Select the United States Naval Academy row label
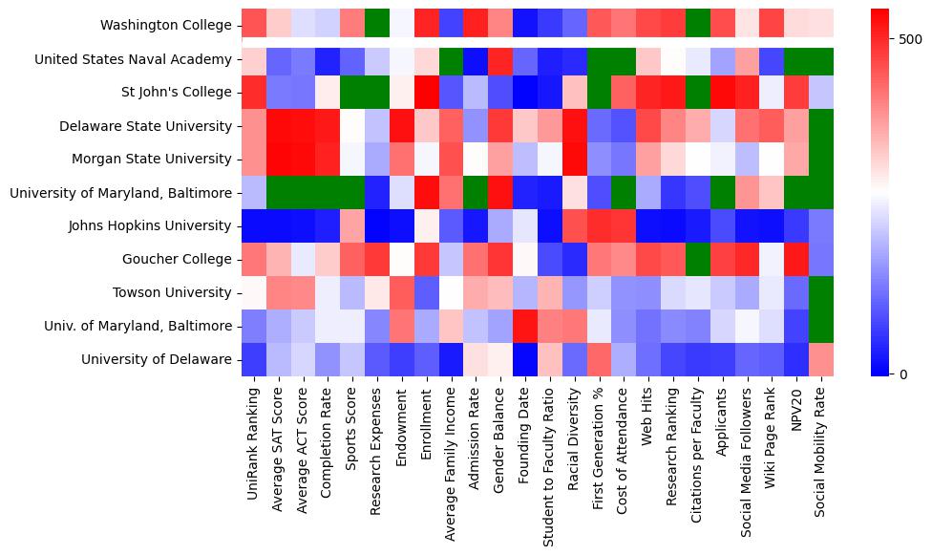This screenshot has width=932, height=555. click(x=133, y=59)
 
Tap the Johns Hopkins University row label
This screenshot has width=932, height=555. click(x=150, y=226)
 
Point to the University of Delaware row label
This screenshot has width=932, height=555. click(x=156, y=359)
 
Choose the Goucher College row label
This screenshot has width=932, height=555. click(x=177, y=260)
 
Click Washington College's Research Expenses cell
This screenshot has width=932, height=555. click(x=376, y=26)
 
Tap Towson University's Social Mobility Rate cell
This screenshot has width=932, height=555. click(x=821, y=292)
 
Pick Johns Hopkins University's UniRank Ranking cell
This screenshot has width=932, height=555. click(x=254, y=226)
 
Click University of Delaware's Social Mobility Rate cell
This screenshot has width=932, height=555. click(x=821, y=359)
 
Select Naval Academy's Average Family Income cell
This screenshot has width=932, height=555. click(x=450, y=59)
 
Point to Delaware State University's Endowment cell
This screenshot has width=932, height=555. click(x=401, y=126)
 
